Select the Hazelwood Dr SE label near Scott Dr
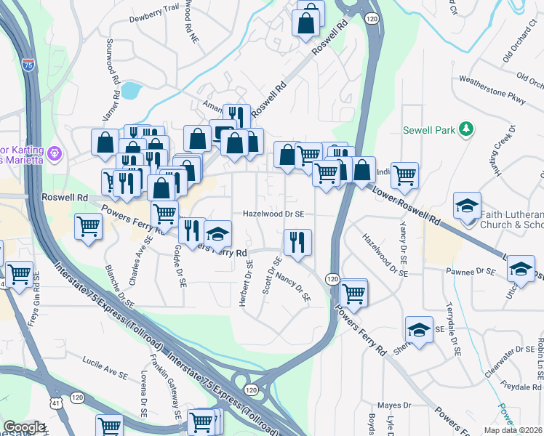pos(273,214)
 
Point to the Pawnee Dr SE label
pos(471,271)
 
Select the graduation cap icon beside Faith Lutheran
pos(467,206)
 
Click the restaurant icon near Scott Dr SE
pos(297,242)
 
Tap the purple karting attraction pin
pos(55,153)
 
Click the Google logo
pos(24,427)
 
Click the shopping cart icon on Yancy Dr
pos(404,174)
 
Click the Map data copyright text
pos(512,430)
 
